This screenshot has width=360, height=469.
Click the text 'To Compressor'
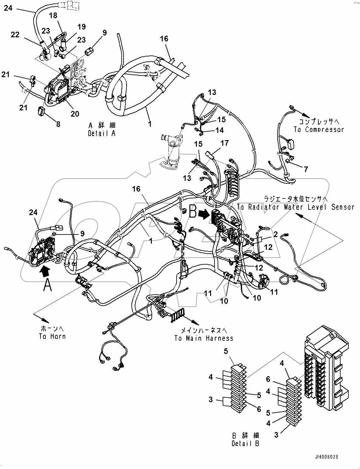click(x=319, y=129)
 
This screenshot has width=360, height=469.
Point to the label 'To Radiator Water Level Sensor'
click(x=295, y=207)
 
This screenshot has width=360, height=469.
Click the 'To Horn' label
click(x=52, y=336)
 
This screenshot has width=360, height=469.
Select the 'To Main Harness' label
click(x=204, y=338)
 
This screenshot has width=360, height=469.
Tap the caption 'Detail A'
click(x=102, y=133)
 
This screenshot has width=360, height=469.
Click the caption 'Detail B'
click(x=246, y=443)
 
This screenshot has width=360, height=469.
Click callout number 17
click(x=225, y=143)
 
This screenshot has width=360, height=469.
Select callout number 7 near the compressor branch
click(x=305, y=169)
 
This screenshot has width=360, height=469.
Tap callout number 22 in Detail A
click(x=15, y=34)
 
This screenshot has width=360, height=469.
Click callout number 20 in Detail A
click(x=75, y=114)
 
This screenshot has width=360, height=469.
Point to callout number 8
click(x=58, y=124)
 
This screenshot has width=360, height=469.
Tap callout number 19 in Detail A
click(x=82, y=27)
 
